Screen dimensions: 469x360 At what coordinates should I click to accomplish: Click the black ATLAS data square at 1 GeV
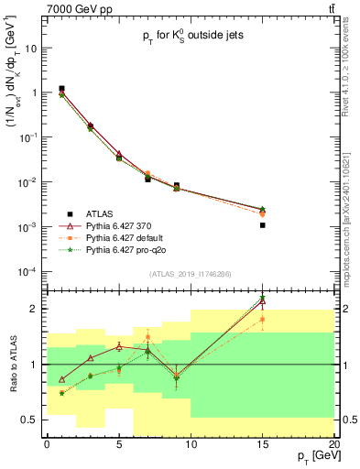pyautogui.click(x=61, y=89)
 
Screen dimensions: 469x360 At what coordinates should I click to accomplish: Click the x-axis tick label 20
pyautogui.click(x=333, y=442)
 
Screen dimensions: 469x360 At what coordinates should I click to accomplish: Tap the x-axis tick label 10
pyautogui.click(x=191, y=442)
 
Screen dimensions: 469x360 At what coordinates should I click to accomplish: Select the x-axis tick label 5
pyautogui.click(x=119, y=442)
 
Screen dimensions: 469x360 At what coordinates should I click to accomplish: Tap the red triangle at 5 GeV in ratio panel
pyautogui.click(x=119, y=346)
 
